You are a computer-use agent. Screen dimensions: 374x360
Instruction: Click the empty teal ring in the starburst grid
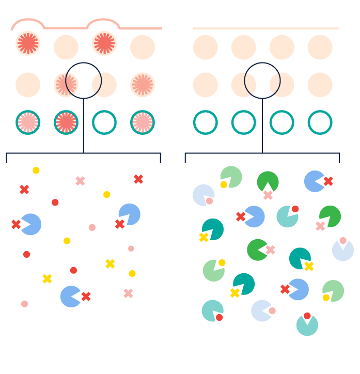104,122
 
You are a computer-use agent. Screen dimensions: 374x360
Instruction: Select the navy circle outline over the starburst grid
84,64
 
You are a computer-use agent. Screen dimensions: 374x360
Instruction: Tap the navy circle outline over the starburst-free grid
262,64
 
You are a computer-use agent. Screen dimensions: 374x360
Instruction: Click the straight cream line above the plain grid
265,28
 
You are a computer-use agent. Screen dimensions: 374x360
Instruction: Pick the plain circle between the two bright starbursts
66,47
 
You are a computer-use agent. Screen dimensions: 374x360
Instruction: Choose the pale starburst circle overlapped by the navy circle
66,85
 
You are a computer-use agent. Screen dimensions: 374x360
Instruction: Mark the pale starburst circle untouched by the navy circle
143,85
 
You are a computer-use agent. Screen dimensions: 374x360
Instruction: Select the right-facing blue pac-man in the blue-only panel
71,297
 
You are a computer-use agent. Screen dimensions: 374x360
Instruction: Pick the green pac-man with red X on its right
257,250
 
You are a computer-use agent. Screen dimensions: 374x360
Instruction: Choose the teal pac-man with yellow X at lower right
300,258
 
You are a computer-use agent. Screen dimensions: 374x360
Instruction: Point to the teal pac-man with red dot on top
307,325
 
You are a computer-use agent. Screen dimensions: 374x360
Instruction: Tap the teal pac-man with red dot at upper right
287,216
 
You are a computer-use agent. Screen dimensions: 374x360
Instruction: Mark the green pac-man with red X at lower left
330,216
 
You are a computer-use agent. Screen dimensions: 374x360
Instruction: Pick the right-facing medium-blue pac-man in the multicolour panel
314,181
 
